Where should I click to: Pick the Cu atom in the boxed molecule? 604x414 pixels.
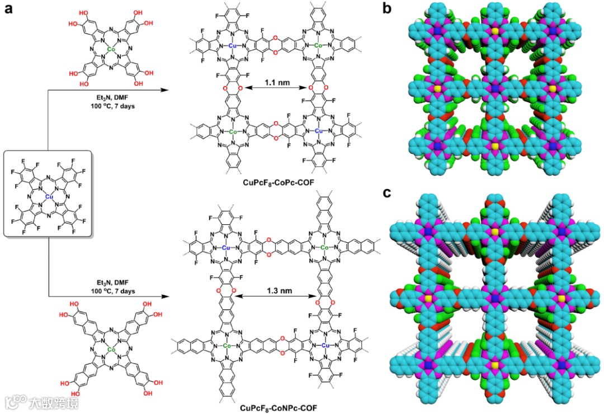click(50, 196)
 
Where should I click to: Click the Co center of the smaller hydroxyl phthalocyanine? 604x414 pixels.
click(111, 50)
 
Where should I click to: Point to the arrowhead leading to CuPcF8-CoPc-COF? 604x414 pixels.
click(168, 88)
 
